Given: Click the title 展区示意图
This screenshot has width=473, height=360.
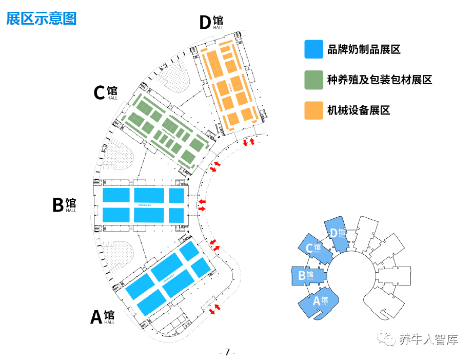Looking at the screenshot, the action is pos(41,18).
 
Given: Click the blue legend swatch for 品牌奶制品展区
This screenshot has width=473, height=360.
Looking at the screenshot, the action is pos(313,49).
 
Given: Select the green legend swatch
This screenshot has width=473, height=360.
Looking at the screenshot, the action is pos(313,80).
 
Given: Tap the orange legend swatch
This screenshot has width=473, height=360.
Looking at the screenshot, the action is pos(313,110).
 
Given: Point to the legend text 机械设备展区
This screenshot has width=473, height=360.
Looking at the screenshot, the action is pos(359,110).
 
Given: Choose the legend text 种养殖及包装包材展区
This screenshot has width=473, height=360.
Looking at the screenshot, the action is pos(380,80).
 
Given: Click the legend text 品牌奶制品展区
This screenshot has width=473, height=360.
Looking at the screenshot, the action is pos(364,49).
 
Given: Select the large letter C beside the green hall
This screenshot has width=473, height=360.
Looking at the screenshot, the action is pos(100,93).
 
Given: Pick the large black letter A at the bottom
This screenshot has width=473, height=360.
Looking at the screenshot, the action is pos(96,317).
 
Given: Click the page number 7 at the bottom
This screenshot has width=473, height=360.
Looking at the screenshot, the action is pos(227,352).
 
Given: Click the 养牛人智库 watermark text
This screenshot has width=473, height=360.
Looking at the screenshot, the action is pos(429,338).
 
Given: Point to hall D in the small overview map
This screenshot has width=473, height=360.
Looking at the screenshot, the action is pos(337,234).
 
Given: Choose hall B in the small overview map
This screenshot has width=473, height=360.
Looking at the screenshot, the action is pos(306,276).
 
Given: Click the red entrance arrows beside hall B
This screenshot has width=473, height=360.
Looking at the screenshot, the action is pos(202,205).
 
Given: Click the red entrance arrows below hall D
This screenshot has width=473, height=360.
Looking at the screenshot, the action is pos(248,141).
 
